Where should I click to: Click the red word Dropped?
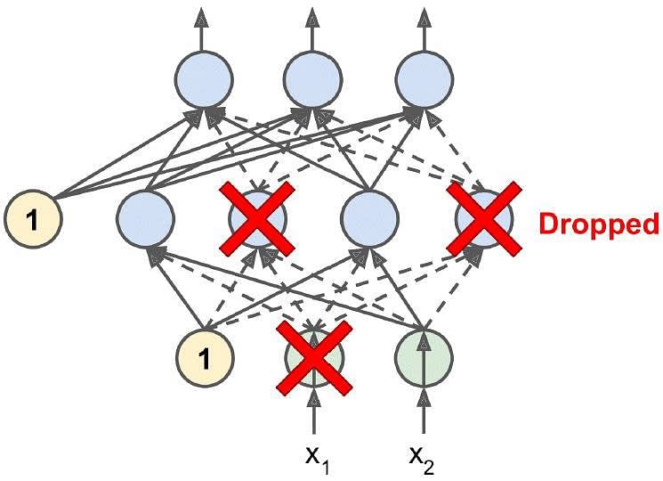click(x=599, y=224)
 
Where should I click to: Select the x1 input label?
click(x=317, y=459)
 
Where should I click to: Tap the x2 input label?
click(x=422, y=459)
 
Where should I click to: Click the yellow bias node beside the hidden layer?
click(x=34, y=220)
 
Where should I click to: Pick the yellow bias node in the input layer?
click(x=205, y=357)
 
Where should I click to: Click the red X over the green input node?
click(x=314, y=357)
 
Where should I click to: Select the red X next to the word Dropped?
click(x=484, y=219)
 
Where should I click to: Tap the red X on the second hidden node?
click(x=257, y=219)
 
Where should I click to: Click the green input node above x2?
click(x=424, y=357)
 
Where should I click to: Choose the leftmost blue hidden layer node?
click(x=145, y=219)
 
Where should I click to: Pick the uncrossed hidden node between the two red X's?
click(x=370, y=219)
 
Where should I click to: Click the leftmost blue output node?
click(x=204, y=80)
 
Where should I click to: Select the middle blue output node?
click(x=313, y=80)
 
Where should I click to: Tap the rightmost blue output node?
click(x=424, y=80)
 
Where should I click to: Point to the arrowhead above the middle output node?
click(x=313, y=17)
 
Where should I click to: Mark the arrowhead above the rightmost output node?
click(x=424, y=17)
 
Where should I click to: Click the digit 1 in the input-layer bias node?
click(x=204, y=358)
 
